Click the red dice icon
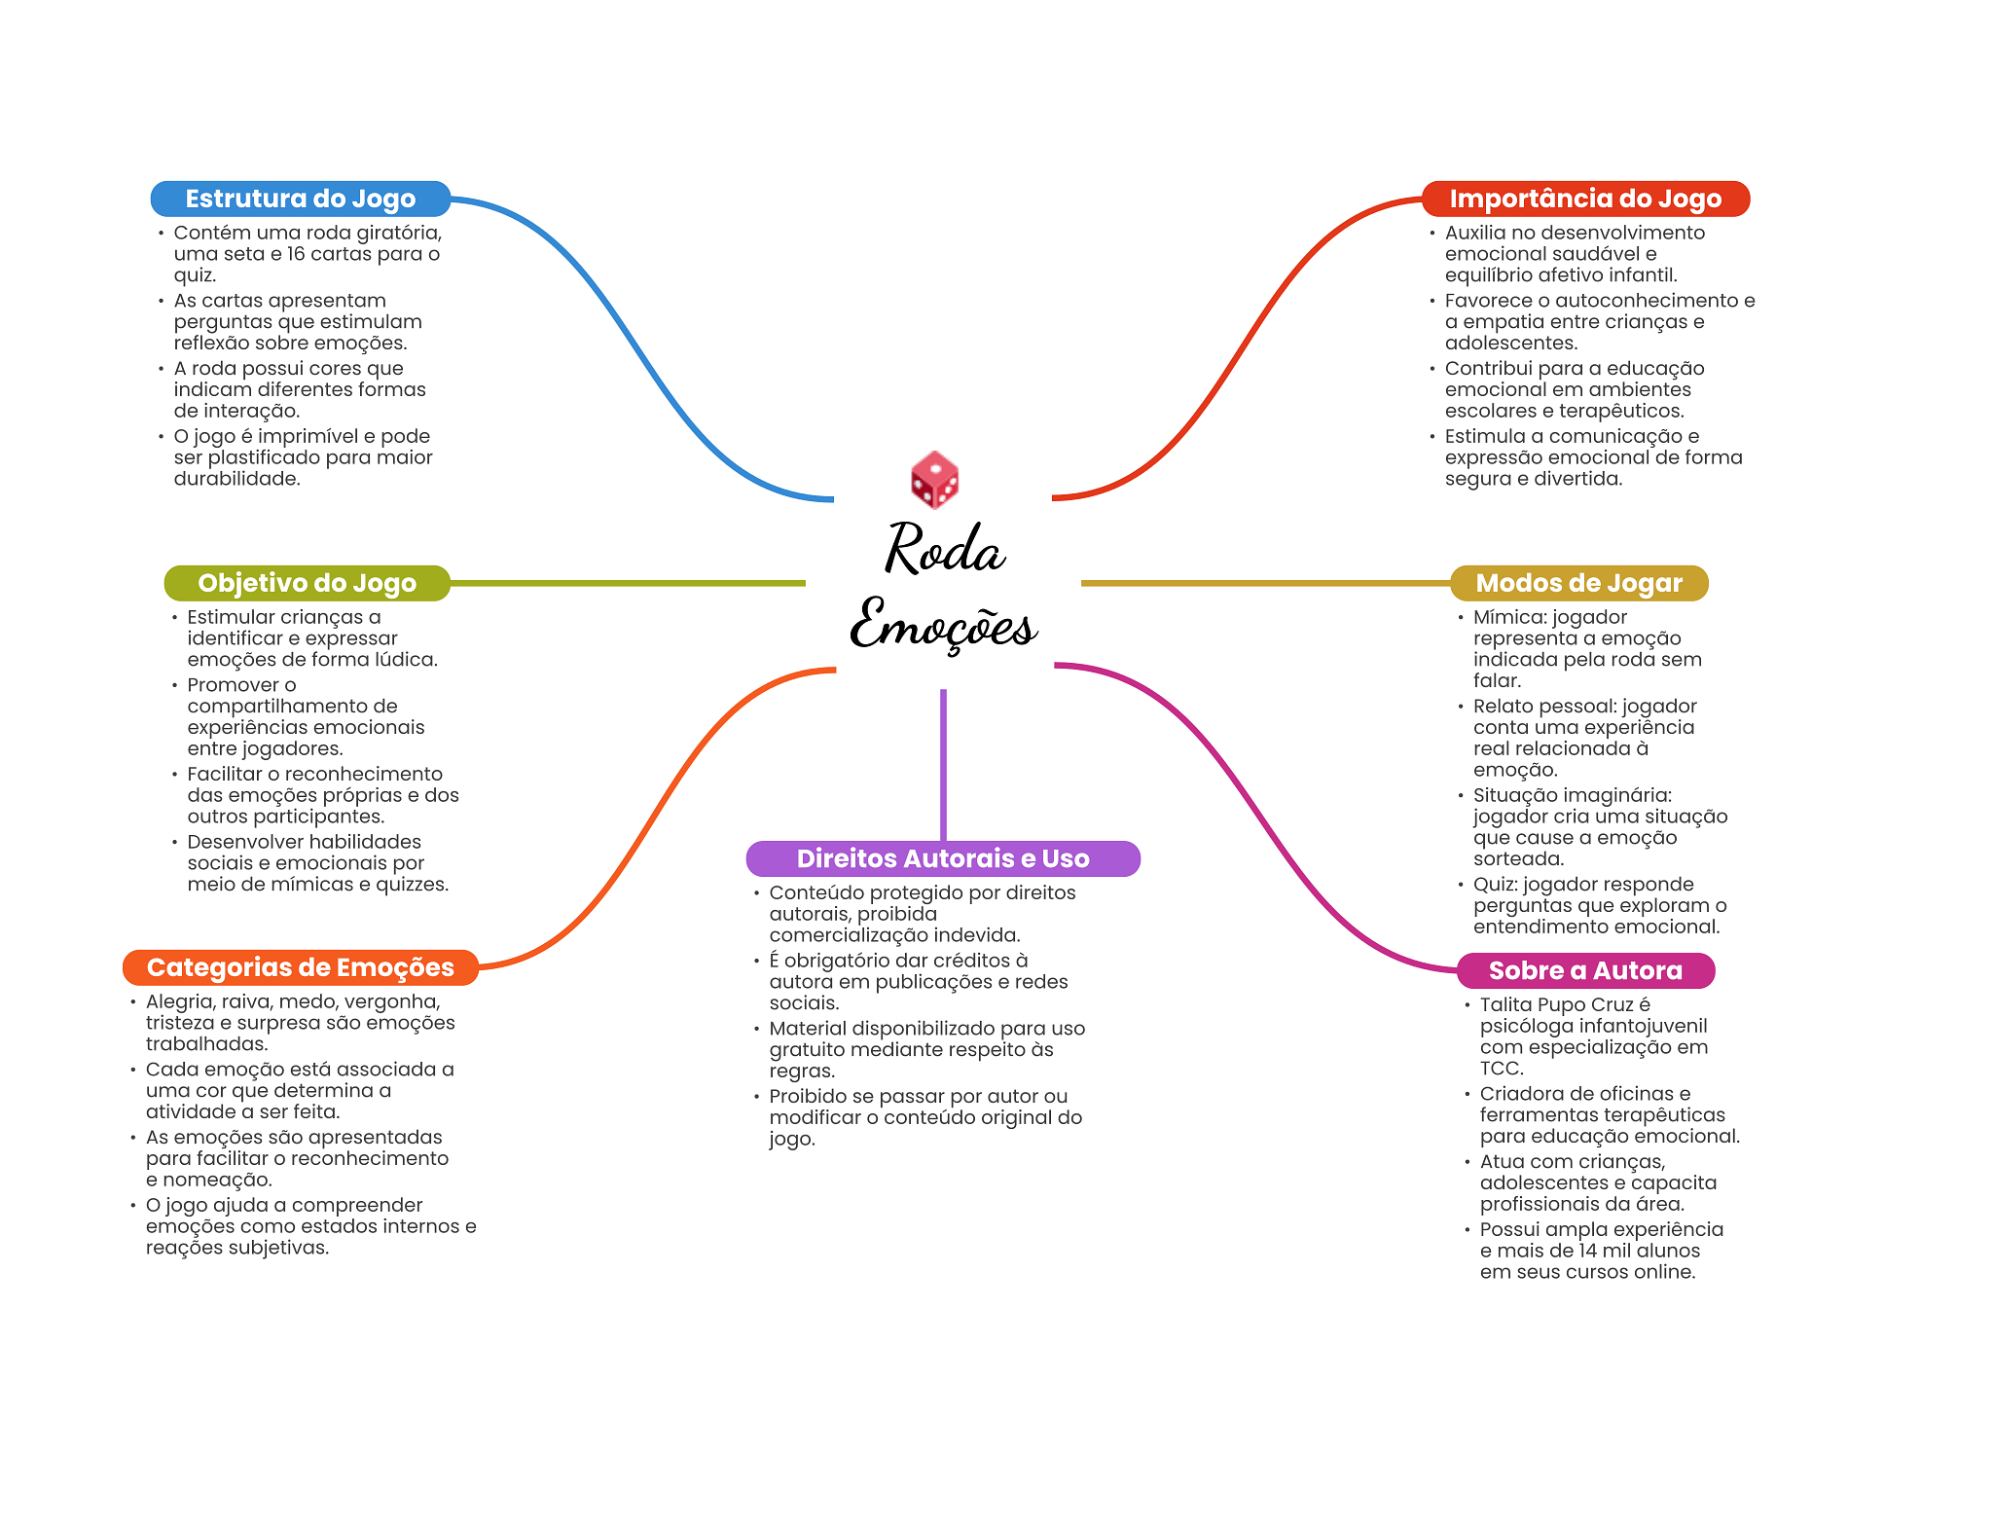tap(934, 480)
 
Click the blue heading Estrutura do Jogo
tap(300, 199)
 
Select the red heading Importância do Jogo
tap(1585, 199)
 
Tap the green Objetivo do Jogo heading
tap(307, 583)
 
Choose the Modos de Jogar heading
tap(1578, 583)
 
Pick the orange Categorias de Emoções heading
tap(300, 967)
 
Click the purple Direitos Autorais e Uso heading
tap(942, 858)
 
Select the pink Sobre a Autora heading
tap(1585, 970)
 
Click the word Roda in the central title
tap(944, 549)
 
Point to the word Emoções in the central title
tap(944, 625)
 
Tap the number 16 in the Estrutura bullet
tap(296, 254)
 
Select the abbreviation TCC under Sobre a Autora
tap(1502, 1069)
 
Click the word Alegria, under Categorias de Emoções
tap(181, 1001)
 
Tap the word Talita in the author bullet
tap(1507, 1004)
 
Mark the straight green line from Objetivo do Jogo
tap(628, 583)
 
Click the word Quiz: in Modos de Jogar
tap(1496, 884)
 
